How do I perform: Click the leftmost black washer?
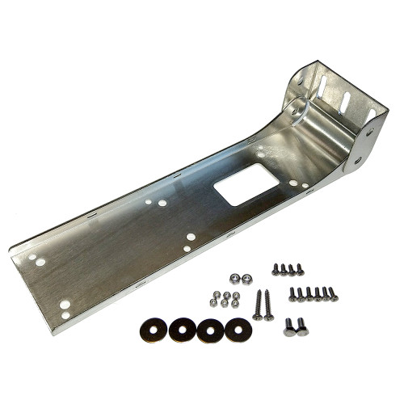[153, 329]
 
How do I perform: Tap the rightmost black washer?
[238, 329]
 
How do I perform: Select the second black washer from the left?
[182, 329]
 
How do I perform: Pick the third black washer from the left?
[210, 329]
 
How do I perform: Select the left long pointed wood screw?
[258, 304]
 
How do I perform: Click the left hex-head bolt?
[289, 326]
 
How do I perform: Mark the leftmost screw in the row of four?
[276, 268]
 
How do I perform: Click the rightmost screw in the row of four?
[301, 268]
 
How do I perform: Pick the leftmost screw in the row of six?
[292, 293]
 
